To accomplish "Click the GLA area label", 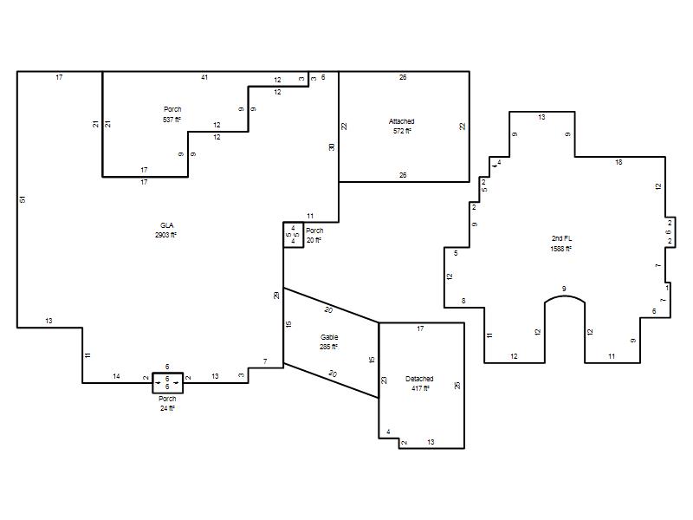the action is point(167,225).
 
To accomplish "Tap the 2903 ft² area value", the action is point(165,235).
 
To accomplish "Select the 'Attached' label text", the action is point(402,121).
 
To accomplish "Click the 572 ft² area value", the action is point(402,131).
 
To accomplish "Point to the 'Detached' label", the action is point(419,379).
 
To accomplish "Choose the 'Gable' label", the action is point(329,337).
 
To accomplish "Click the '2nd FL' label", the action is point(561,239).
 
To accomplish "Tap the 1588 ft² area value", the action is point(560,249).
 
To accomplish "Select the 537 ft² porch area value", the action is point(172,120).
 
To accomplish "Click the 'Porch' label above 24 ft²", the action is point(167,399).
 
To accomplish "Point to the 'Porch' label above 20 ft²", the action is point(314,231).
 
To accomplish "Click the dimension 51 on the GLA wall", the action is point(23,199).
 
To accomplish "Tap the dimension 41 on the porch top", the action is point(204,77).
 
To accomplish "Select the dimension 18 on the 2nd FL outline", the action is point(619,162).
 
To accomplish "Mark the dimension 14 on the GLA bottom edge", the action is point(116,376).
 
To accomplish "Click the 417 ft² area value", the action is point(419,388).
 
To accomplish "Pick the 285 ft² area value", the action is point(328,347).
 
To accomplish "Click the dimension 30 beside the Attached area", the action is point(332,146).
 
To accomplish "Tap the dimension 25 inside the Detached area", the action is point(457,385).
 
